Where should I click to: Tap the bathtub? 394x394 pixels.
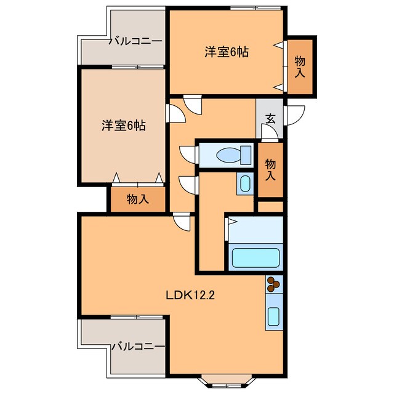255,257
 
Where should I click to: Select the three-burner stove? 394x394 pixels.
274,284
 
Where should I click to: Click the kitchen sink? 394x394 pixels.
274,317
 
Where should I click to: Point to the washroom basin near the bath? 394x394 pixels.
244,183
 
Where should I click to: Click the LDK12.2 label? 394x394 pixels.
190,295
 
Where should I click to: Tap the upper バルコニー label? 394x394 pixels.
135,42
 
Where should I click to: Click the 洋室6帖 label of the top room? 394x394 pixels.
227,52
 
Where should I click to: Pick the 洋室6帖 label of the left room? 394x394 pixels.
123,126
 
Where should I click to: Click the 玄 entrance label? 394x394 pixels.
270,119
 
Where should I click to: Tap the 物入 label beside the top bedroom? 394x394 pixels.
299,66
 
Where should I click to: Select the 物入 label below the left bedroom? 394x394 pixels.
137,199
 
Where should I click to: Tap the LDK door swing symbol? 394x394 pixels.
183,220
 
